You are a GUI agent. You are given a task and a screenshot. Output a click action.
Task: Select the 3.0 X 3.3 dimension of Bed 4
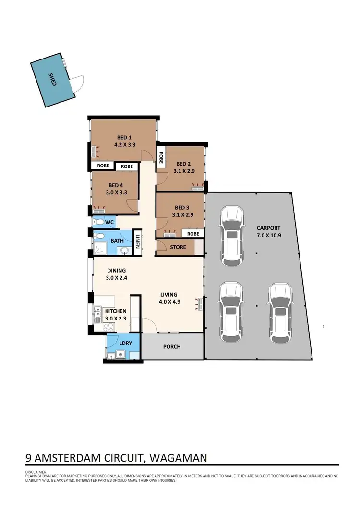pos(116,192)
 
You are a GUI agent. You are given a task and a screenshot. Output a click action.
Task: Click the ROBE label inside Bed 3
pos(193,234)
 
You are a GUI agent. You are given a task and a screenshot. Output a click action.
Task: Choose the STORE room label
pos(178,248)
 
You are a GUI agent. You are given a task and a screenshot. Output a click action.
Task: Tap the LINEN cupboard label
pos(137,241)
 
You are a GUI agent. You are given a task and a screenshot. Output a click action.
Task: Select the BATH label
pos(117,240)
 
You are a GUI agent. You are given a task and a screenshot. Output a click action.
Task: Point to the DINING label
pos(116,270)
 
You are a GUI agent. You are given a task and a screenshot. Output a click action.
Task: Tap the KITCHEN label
pos(116,311)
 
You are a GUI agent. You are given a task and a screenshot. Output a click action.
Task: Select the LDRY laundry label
pos(126,344)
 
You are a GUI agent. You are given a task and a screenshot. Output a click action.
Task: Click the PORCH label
pos(171,346)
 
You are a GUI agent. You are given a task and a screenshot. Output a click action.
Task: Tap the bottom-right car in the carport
pos(279,313)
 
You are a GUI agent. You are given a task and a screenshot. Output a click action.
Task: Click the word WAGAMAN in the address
pos(179,457)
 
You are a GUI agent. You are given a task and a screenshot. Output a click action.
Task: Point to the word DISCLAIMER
pos(36,472)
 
